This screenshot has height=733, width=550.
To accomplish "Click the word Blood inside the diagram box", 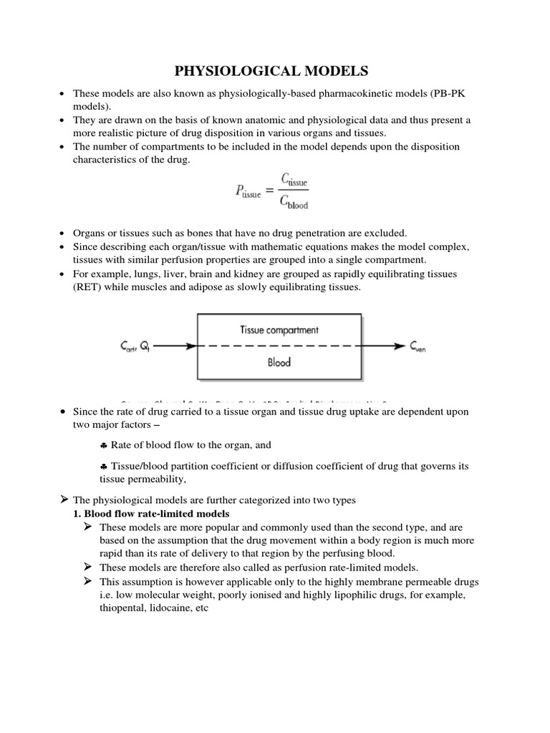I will point(279,362).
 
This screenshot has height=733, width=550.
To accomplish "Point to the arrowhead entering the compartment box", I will point(191,346).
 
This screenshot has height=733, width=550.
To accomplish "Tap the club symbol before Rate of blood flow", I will point(103,445).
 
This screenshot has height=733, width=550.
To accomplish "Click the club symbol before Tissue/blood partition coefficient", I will point(103,466).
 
